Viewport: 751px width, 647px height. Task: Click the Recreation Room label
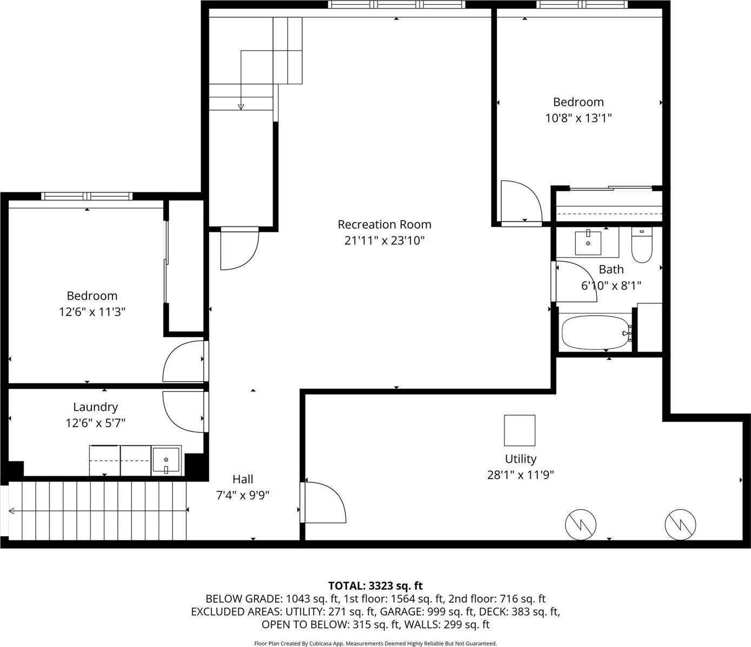coord(384,224)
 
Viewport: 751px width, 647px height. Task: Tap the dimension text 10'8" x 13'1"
coord(578,118)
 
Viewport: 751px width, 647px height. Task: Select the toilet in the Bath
coord(642,246)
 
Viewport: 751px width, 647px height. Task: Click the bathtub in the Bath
coord(595,333)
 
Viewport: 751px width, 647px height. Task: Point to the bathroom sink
coord(588,242)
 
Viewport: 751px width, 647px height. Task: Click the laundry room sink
coord(166,461)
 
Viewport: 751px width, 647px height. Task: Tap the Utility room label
coord(520,459)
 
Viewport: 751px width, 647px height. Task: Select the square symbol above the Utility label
coord(520,430)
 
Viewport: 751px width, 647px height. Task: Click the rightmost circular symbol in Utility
coord(680,524)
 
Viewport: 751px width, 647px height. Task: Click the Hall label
coord(243,479)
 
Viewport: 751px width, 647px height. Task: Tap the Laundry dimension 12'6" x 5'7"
coord(95,423)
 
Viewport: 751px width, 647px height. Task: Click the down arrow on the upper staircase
coord(241,106)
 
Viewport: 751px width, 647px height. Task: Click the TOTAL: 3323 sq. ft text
coord(375,585)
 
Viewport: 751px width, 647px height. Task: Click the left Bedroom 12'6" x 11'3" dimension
coord(92,312)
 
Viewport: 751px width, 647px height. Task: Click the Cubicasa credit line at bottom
coord(375,643)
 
